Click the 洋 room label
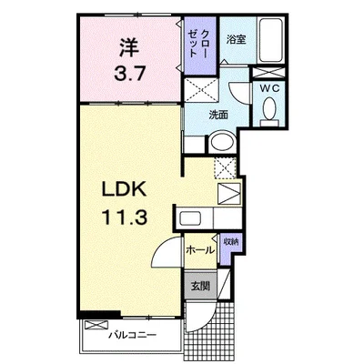point(128,48)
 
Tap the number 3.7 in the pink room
point(129,74)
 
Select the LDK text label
point(124,190)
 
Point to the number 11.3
point(124,217)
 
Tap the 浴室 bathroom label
point(236,40)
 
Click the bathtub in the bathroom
point(271,40)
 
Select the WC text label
point(268,88)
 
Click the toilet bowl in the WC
point(269,108)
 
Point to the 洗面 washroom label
point(218,116)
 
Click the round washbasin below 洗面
point(223,142)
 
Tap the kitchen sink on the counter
point(190,218)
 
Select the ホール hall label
point(200,250)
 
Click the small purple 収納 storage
point(231,248)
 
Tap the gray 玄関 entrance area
point(201,285)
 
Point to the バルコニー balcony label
point(133,335)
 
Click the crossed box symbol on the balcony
point(96,325)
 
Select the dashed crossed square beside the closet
point(201,90)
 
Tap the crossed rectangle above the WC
point(269,73)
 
